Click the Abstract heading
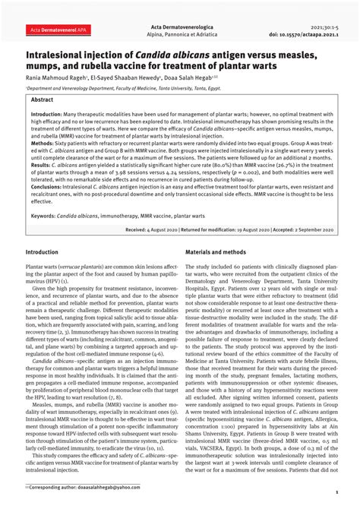pyautogui.click(x=43, y=100)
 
